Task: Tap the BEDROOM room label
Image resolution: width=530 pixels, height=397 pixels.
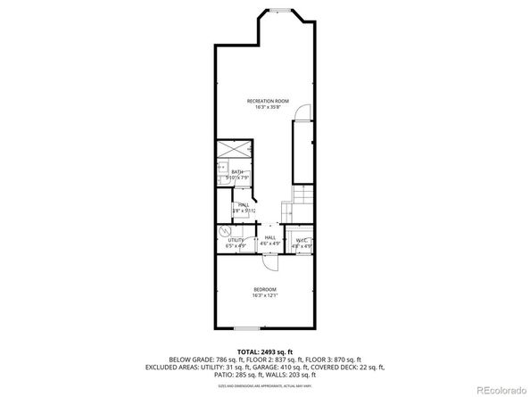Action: click(x=264, y=289)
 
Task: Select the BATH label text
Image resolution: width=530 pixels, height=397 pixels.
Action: click(x=237, y=171)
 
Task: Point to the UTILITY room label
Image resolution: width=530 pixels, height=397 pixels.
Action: click(x=236, y=239)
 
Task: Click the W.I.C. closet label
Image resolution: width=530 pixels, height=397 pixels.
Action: click(x=302, y=239)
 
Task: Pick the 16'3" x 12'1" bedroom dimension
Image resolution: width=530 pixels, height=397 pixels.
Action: click(x=264, y=295)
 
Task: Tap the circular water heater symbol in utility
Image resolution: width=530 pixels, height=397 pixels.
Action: click(x=224, y=230)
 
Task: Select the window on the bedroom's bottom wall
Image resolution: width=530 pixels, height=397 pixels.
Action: click(x=249, y=328)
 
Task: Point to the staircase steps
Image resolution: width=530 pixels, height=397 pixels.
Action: click(x=303, y=196)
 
